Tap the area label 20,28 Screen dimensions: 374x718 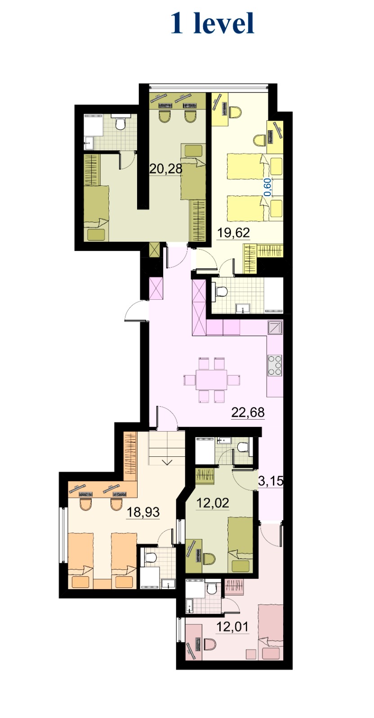[x=166, y=168]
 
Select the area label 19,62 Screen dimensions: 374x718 [x=233, y=233]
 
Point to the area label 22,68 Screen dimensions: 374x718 [x=248, y=412]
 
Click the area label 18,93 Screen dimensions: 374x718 [x=143, y=512]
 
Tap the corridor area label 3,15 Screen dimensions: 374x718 [x=271, y=481]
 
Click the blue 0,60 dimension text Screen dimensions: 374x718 [x=268, y=187]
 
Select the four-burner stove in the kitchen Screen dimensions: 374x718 [x=275, y=365]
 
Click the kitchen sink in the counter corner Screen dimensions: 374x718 [x=276, y=327]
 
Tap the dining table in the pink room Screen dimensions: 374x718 [x=212, y=380]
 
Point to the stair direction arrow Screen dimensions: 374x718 [x=167, y=462]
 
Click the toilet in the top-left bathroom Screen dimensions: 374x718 [x=120, y=123]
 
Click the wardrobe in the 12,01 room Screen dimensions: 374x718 [x=235, y=587]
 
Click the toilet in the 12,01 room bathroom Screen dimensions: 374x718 [x=212, y=588]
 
